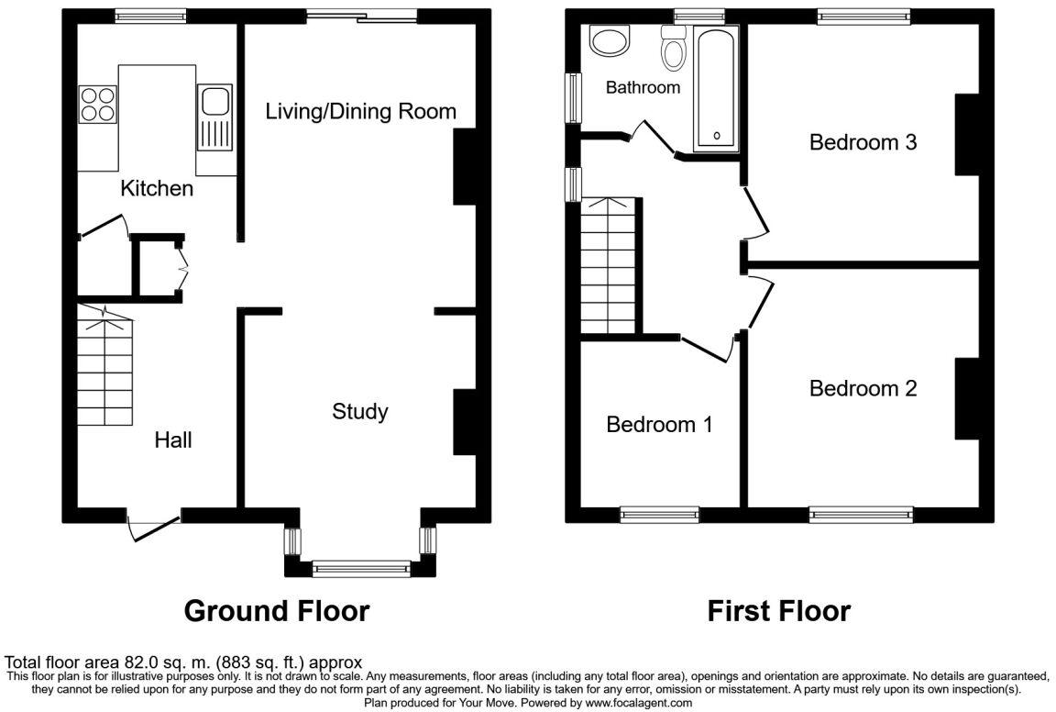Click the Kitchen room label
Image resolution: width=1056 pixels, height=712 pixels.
[157, 188]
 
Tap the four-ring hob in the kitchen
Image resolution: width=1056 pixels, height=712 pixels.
[98, 105]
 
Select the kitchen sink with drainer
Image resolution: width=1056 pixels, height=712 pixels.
[214, 117]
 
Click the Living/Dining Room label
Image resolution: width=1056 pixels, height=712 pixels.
[360, 111]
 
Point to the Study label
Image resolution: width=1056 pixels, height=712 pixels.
[360, 411]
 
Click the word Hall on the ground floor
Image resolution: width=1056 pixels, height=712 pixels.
[173, 440]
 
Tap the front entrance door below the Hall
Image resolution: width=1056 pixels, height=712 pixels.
[154, 526]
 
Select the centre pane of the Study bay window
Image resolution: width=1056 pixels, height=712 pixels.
[361, 569]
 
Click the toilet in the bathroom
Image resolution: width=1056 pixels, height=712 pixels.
[673, 47]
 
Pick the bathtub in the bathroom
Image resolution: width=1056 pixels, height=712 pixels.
[717, 88]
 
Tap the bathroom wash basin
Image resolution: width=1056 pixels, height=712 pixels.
[610, 40]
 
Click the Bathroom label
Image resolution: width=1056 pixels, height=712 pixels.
[643, 87]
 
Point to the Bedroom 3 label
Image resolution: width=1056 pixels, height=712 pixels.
[863, 142]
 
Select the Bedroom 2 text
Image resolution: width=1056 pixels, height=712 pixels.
[863, 388]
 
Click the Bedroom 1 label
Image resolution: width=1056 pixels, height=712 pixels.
[659, 424]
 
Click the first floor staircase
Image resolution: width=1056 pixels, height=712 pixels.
[608, 266]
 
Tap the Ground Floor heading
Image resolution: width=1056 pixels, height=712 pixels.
[277, 611]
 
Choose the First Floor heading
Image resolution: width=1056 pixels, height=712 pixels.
[779, 611]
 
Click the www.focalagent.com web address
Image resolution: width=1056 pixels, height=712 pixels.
[638, 703]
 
